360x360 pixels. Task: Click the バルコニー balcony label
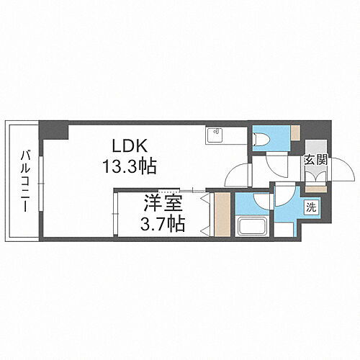pyautogui.click(x=24, y=181)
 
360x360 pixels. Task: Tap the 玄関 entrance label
pyautogui.click(x=315, y=160)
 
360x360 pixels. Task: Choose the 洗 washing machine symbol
pyautogui.click(x=312, y=208)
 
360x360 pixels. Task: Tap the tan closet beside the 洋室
pyautogui.click(x=223, y=215)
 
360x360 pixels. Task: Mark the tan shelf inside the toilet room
pyautogui.click(x=295, y=132)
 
